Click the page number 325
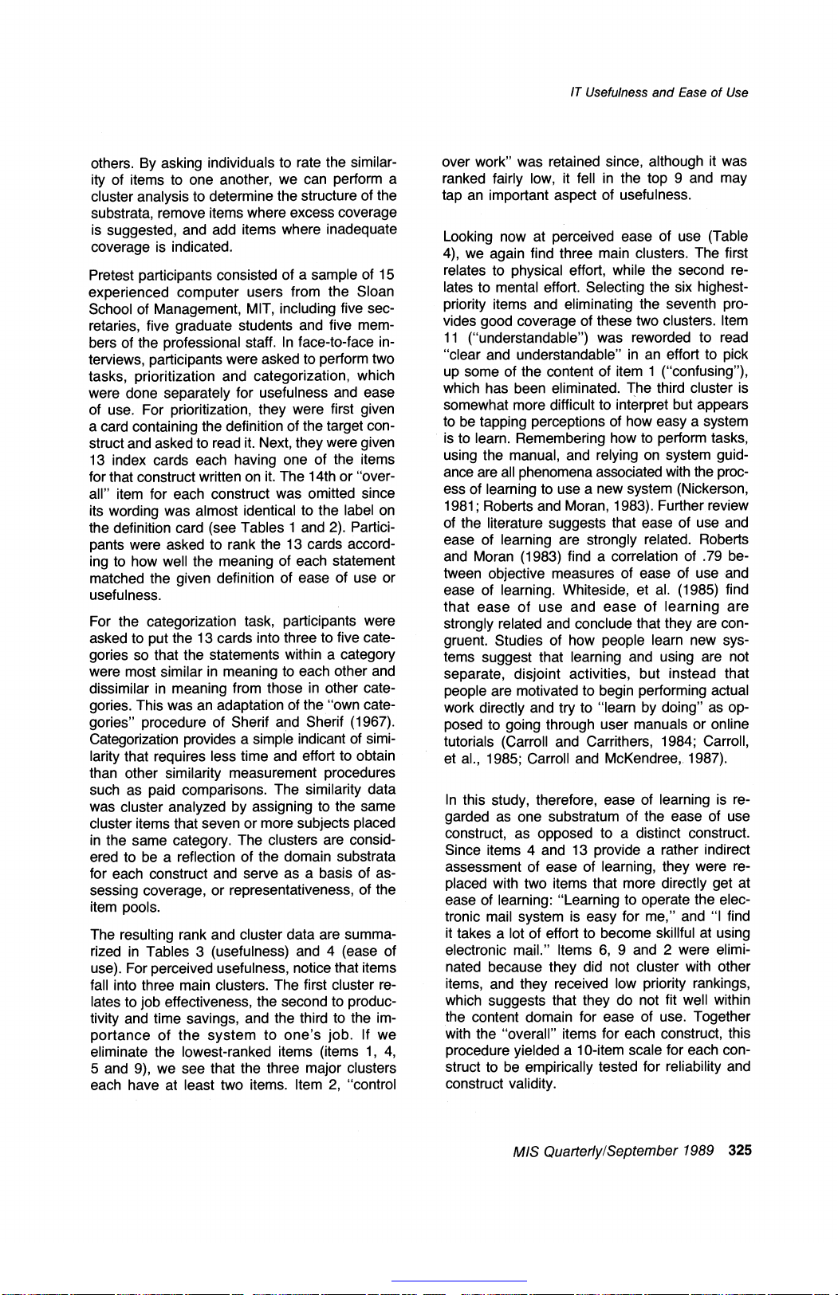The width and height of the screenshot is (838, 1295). [x=739, y=1150]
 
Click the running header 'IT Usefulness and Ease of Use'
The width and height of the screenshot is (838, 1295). [x=659, y=92]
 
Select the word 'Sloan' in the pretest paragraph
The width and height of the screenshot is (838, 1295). [x=376, y=292]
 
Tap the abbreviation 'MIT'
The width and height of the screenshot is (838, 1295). [x=238, y=309]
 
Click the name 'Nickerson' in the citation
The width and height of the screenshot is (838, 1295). [x=713, y=489]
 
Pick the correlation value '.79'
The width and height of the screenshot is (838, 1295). [x=699, y=556]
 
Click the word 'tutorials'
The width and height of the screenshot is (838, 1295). [x=470, y=741]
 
